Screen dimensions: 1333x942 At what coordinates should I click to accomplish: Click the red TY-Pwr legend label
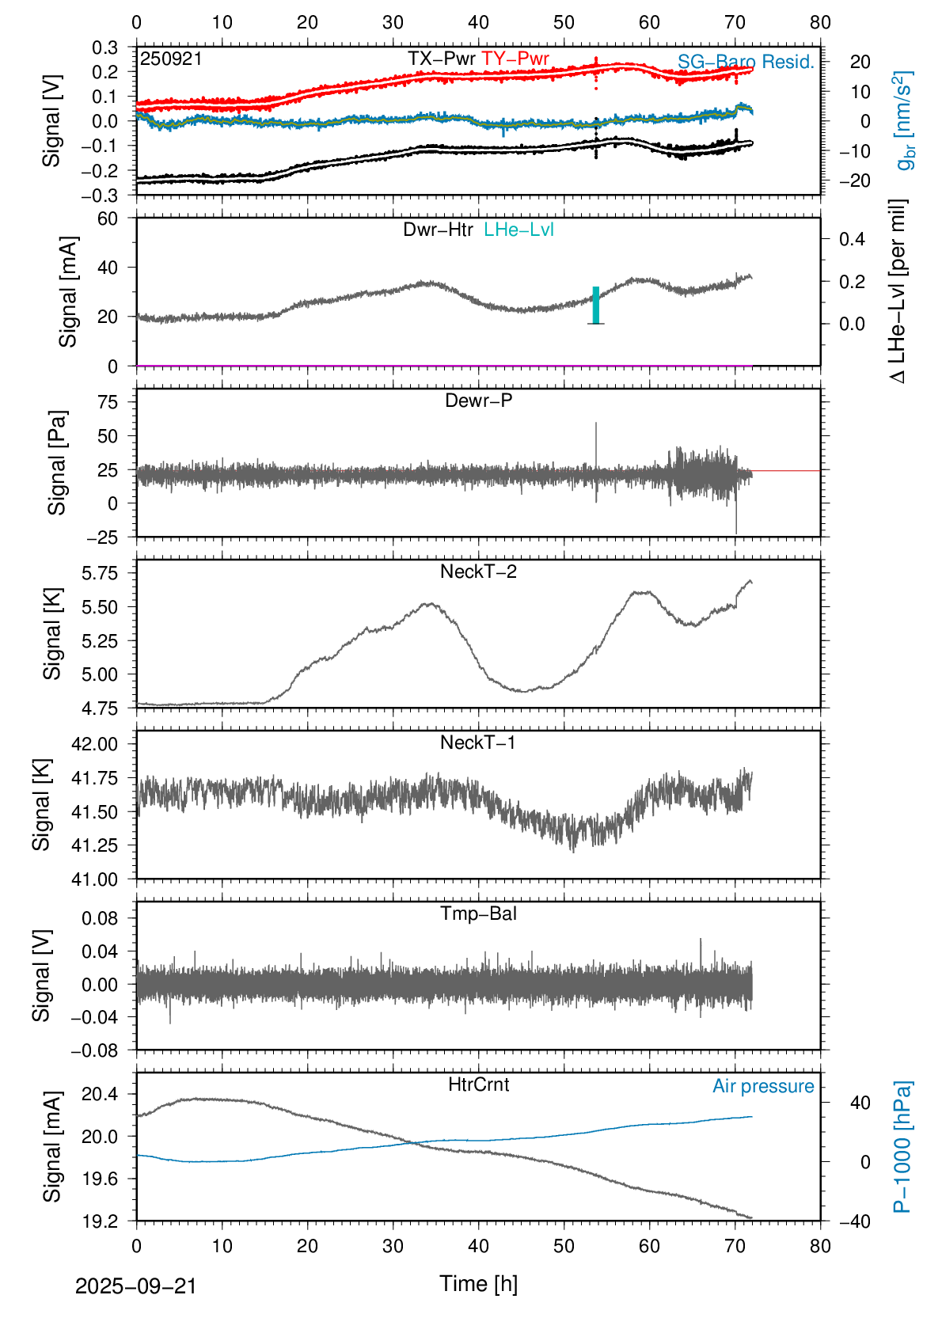click(x=515, y=59)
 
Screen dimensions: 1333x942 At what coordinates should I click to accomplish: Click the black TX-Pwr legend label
click(x=442, y=59)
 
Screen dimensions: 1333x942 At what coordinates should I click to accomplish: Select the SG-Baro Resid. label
click(x=746, y=62)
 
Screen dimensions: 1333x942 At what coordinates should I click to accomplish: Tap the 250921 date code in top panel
click(x=171, y=59)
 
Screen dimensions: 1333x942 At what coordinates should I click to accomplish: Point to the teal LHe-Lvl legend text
click(x=518, y=230)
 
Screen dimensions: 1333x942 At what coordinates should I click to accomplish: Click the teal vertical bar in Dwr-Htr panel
click(x=596, y=305)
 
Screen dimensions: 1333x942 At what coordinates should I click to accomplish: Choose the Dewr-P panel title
click(x=478, y=401)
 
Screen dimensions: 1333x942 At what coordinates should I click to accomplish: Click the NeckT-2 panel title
click(x=478, y=572)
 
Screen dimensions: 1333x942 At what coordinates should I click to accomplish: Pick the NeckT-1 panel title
click(x=478, y=742)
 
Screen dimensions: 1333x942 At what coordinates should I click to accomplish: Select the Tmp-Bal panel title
click(x=478, y=913)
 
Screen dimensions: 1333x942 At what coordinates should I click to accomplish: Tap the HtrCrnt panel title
click(x=478, y=1084)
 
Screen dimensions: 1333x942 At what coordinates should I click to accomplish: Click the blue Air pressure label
click(x=763, y=1086)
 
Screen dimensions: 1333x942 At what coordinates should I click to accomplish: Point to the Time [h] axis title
click(x=478, y=1284)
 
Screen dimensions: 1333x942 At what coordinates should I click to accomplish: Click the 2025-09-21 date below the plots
click(x=135, y=1286)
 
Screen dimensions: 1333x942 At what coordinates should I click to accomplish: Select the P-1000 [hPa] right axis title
click(x=902, y=1146)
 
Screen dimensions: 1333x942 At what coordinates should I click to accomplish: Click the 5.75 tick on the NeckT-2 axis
click(x=100, y=573)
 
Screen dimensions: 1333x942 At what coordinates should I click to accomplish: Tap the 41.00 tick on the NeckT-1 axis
click(x=94, y=879)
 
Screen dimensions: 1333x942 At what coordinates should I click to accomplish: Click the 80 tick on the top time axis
click(x=820, y=22)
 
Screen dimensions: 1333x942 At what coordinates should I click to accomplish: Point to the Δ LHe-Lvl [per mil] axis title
click(x=898, y=291)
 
